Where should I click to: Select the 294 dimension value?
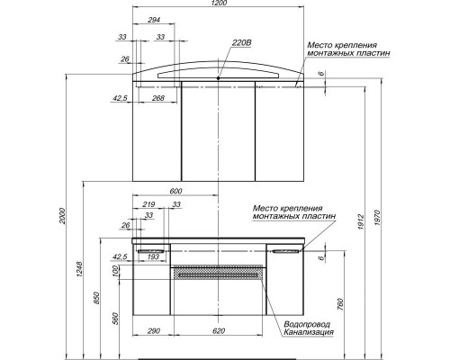pyautogui.click(x=154, y=19)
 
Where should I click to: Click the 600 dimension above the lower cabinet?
pyautogui.click(x=175, y=191)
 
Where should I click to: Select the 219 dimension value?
pyautogui.click(x=147, y=205)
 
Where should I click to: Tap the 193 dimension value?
pyautogui.click(x=154, y=256)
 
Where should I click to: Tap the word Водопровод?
pyautogui.click(x=308, y=323)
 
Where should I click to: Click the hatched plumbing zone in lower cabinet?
pyautogui.click(x=220, y=274)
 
